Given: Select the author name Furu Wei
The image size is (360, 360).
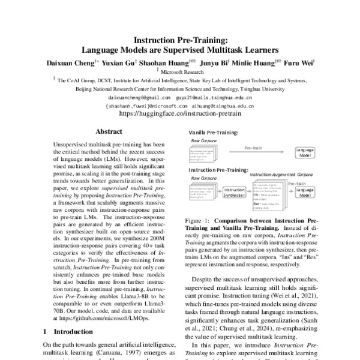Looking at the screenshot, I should [x=297, y=61].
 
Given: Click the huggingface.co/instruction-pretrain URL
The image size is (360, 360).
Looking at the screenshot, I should [x=179, y=112].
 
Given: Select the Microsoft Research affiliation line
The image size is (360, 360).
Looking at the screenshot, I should [x=180, y=70].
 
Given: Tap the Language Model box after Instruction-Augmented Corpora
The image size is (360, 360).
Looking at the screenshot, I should [x=305, y=193].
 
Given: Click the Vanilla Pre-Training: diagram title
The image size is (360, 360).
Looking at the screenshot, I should [x=214, y=131].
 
